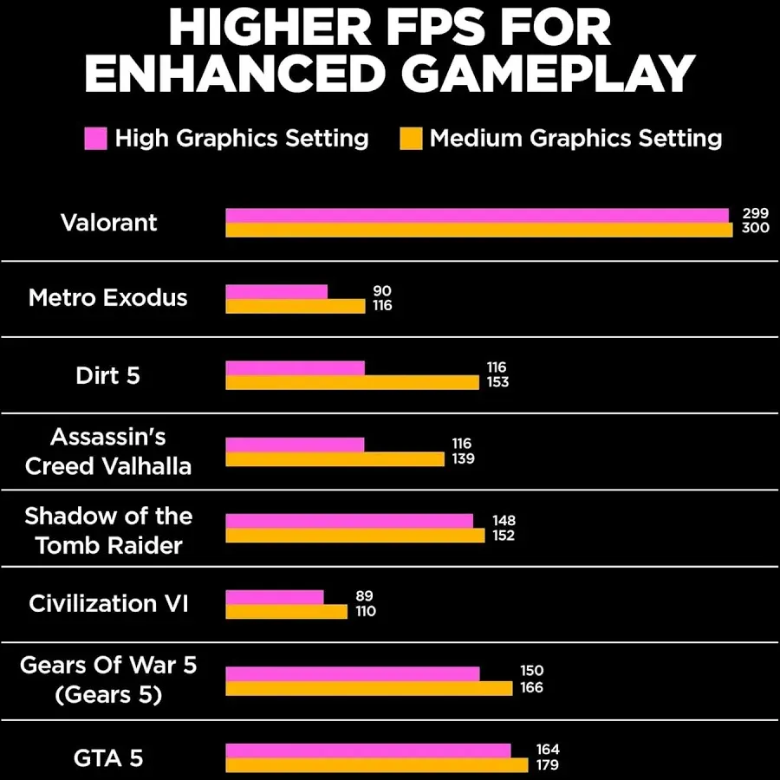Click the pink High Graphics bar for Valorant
coord(477,215)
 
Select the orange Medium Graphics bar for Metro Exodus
coord(295,306)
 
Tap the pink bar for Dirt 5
coord(295,368)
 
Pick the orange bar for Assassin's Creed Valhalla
coord(335,459)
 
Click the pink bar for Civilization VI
coord(275,597)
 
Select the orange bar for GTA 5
coord(376,765)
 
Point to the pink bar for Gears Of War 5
coord(352,673)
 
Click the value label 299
coord(756,214)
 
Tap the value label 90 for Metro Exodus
coord(382,291)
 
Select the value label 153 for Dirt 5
coord(497,382)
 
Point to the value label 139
coord(463,458)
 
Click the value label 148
coord(503,521)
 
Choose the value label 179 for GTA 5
coord(547,765)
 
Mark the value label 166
coord(531,687)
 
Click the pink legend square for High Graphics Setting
coord(95,138)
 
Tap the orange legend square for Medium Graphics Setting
coord(411,138)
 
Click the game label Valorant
coord(109,223)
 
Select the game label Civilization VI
coord(108,603)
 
